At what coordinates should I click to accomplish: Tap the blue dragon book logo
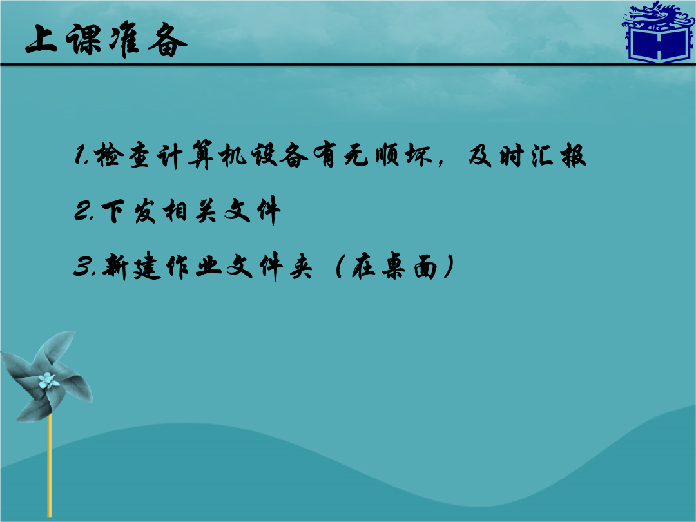[x=659, y=32]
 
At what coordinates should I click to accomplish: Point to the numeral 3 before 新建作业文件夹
[x=82, y=266]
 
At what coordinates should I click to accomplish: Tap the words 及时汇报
[x=527, y=155]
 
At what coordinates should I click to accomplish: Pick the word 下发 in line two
[x=129, y=211]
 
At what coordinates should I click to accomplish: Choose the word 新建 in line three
[x=131, y=266]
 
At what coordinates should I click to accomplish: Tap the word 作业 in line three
[x=194, y=267]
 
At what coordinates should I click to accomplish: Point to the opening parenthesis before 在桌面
[x=340, y=266]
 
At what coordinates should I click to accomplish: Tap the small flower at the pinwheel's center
[x=48, y=381]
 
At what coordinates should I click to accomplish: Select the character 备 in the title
[x=168, y=41]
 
